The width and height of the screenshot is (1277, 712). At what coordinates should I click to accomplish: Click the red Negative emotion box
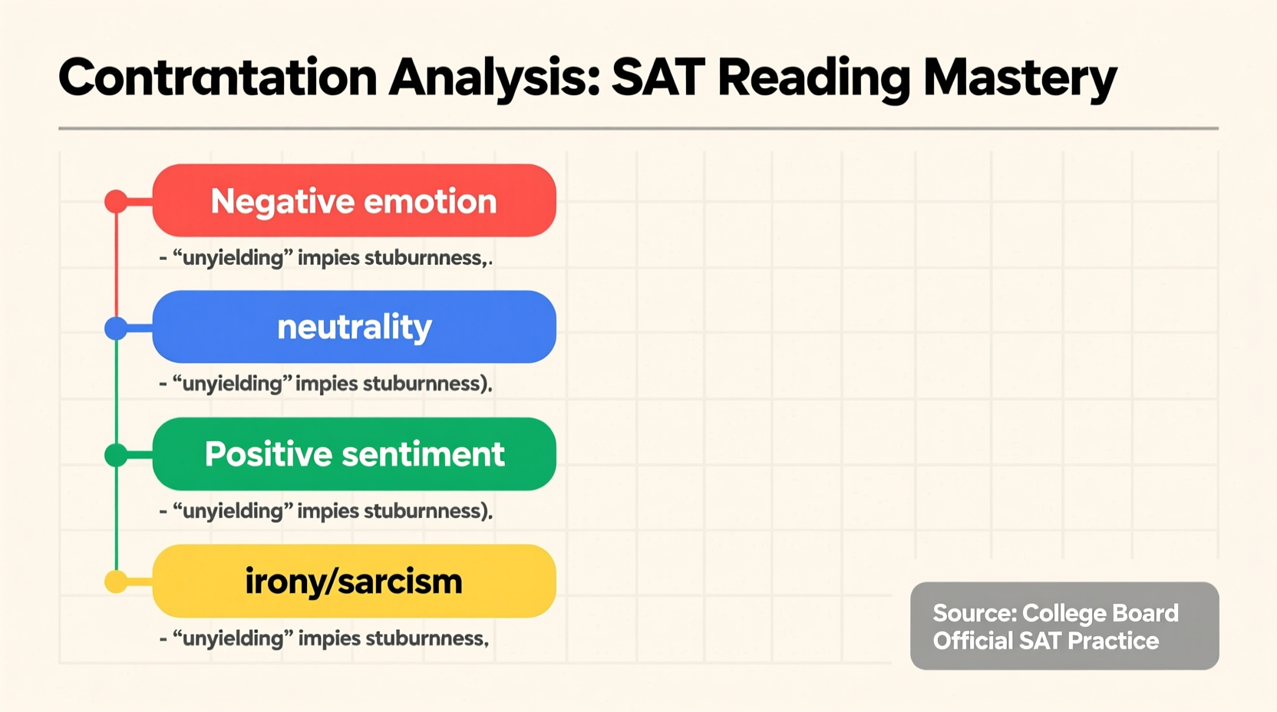point(354,200)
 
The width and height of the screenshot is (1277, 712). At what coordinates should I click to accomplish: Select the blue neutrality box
point(354,327)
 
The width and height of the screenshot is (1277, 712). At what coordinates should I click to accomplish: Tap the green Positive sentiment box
point(354,454)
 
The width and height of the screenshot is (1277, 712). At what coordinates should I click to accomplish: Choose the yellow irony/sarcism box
point(354,581)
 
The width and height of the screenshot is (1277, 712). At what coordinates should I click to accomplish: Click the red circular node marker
point(116,202)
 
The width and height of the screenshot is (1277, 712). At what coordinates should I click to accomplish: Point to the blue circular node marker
point(116,328)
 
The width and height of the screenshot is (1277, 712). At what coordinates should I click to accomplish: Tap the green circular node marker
point(116,455)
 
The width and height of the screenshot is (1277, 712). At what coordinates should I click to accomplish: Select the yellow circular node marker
point(116,582)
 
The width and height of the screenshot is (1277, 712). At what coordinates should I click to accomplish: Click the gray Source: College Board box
point(1064,625)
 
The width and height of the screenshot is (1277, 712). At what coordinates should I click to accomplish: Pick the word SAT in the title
point(658,77)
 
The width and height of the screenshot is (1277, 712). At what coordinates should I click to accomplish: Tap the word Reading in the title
point(813,77)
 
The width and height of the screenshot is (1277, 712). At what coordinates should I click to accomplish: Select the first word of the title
point(217,77)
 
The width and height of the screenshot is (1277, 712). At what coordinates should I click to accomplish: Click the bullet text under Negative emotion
point(325,258)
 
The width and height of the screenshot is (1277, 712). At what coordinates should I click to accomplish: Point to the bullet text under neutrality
point(325,384)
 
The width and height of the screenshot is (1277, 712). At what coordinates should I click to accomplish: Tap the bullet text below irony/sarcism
point(324,638)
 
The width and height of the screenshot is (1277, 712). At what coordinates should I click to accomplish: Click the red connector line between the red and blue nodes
point(116,265)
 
